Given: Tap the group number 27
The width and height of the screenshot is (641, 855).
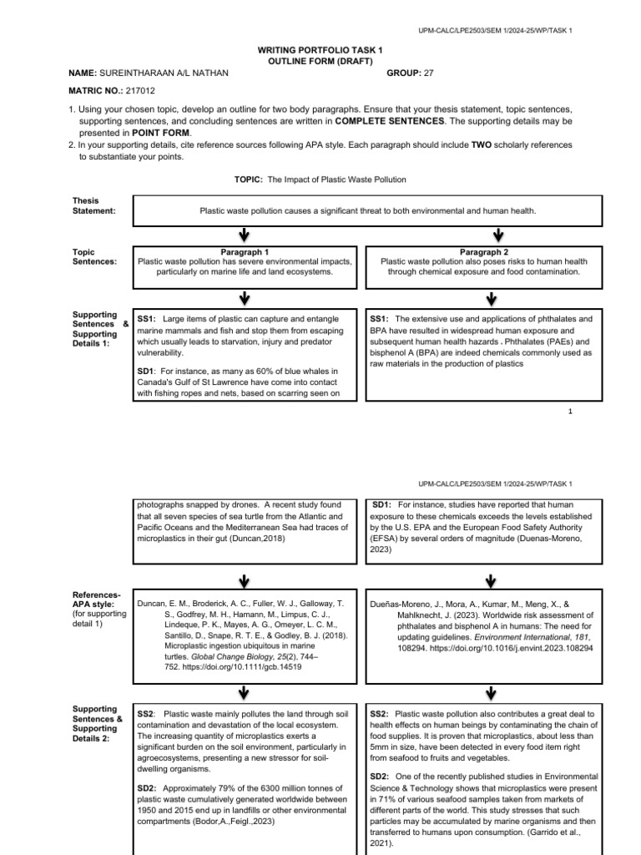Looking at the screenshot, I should (429, 73).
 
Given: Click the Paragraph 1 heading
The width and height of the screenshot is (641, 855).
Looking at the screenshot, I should (245, 251).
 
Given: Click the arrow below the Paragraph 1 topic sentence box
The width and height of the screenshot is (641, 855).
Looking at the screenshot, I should (244, 298).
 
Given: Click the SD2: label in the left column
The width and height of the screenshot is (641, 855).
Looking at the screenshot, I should (147, 788).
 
